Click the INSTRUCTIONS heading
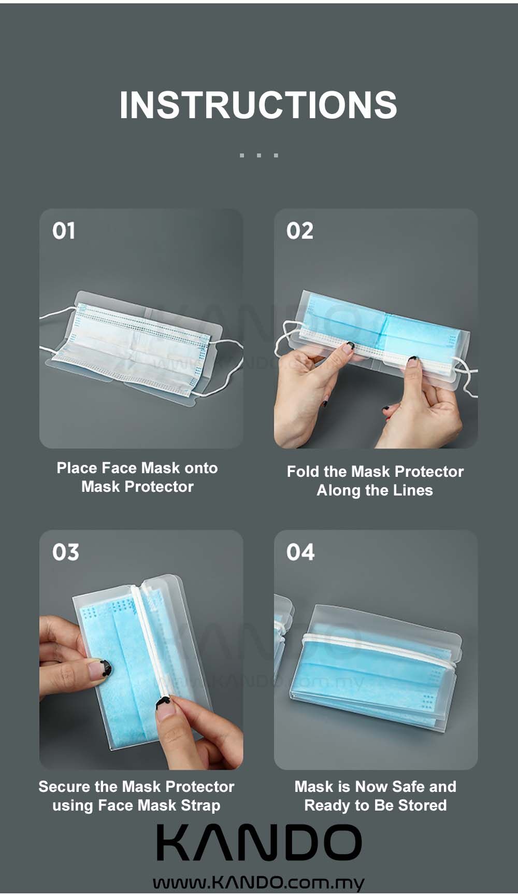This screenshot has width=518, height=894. click(x=258, y=105)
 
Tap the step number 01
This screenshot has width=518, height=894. click(x=64, y=231)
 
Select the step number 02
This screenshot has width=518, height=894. click(x=300, y=231)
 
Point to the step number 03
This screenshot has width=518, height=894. click(x=65, y=552)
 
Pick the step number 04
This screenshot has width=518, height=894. click(x=300, y=552)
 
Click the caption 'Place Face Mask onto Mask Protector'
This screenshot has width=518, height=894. click(x=137, y=477)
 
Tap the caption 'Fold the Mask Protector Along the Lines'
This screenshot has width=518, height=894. click(x=375, y=481)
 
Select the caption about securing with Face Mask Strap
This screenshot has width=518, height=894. click(x=136, y=796)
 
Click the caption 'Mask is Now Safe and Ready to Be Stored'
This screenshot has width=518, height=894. click(x=376, y=796)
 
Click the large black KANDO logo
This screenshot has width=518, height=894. click(x=259, y=843)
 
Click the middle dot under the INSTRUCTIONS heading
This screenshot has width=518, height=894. click(x=258, y=155)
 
